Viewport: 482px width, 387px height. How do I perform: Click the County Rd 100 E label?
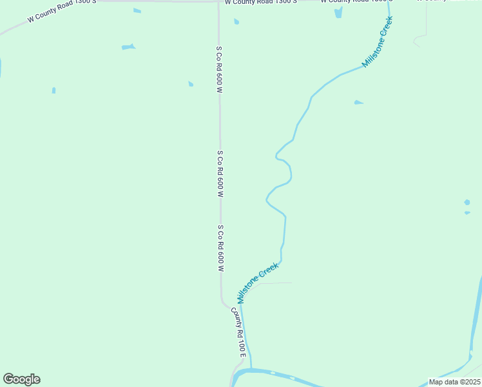pyautogui.click(x=238, y=333)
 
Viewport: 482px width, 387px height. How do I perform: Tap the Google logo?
pyautogui.click(x=21, y=379)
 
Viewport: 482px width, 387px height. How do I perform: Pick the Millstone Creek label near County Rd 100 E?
pyautogui.click(x=258, y=283)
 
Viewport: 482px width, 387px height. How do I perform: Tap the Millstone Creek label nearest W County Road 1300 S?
pyautogui.click(x=378, y=42)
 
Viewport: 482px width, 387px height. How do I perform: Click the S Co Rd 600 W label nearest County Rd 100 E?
pyautogui.click(x=220, y=248)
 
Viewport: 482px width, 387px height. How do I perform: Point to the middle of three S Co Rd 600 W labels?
pyautogui.click(x=220, y=174)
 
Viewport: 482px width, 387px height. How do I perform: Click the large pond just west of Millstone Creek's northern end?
pyautogui.click(x=338, y=12)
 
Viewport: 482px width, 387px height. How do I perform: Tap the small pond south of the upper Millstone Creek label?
pyautogui.click(x=358, y=102)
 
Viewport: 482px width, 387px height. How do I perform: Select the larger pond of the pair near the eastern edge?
pyautogui.click(x=467, y=203)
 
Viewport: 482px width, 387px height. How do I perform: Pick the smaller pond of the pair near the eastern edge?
pyautogui.click(x=467, y=212)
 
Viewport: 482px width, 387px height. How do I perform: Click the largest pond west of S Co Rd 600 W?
pyautogui.click(x=128, y=46)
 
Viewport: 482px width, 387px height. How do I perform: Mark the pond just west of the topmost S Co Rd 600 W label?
pyautogui.click(x=190, y=84)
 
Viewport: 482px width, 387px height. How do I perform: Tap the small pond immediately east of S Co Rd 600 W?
pyautogui.click(x=236, y=21)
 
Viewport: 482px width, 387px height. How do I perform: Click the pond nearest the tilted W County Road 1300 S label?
pyautogui.click(x=137, y=10)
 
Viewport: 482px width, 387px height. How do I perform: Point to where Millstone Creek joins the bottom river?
pyautogui.click(x=250, y=369)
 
